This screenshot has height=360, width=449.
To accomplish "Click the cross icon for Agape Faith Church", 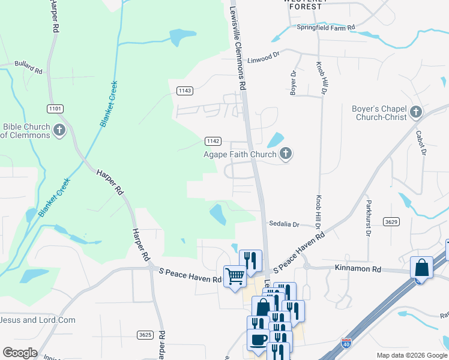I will pos(286,154).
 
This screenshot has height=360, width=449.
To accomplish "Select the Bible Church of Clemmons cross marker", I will pos(59,130).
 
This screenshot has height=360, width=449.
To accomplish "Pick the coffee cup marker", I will pos(258,340).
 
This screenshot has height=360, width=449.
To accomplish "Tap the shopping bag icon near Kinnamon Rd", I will pos(421,267).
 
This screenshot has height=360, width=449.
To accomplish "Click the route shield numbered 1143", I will pos(185,91).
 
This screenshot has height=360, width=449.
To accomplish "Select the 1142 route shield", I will pos(212,140).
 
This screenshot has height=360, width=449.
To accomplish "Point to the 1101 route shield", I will pos(55,108).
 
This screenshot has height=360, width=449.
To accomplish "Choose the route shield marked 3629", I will pos(391,222).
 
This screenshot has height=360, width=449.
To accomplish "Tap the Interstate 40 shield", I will pos(346,343).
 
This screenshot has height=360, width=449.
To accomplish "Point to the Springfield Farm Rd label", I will pos(326,28).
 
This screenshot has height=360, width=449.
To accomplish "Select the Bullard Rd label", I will pos(29,67).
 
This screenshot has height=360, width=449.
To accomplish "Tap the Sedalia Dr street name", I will pos(283,224).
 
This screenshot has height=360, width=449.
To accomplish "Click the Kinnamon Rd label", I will pos(358,270).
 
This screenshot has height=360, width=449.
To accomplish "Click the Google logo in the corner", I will pos(20,353).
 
